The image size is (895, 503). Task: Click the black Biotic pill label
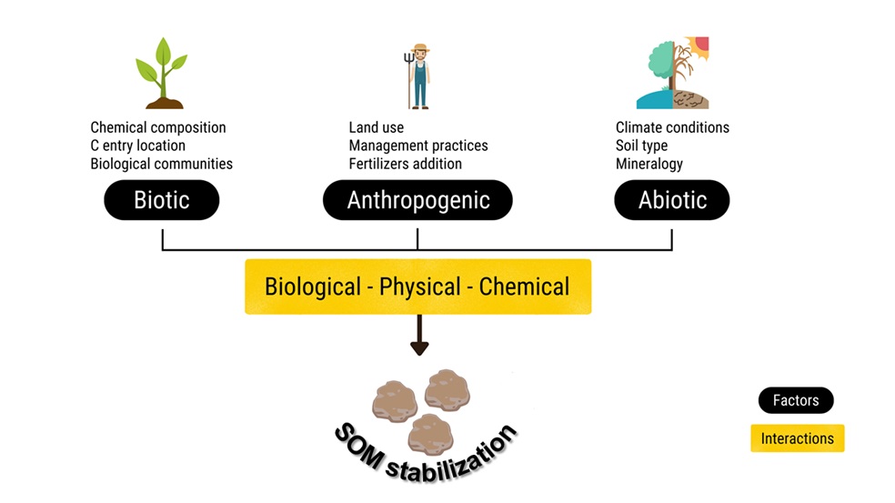pyautogui.click(x=161, y=200)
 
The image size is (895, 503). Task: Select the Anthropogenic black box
pyautogui.click(x=417, y=200)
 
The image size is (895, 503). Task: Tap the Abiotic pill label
pyautogui.click(x=671, y=200)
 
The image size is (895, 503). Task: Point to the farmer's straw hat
pyautogui.click(x=419, y=48)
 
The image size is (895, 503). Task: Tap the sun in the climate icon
pyautogui.click(x=701, y=45)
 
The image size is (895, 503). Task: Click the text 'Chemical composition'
pyautogui.click(x=158, y=127)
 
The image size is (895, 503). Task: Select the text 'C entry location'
pyautogui.click(x=137, y=146)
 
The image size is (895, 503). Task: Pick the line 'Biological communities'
pyautogui.click(x=161, y=164)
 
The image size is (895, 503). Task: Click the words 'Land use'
pyautogui.click(x=376, y=127)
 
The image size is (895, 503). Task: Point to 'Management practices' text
pyautogui.click(x=418, y=146)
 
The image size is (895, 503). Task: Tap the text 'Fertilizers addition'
pyautogui.click(x=405, y=164)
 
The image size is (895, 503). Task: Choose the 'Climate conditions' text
pyautogui.click(x=672, y=127)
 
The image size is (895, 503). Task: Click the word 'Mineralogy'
pyautogui.click(x=649, y=164)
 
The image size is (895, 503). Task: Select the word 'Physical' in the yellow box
pyautogui.click(x=419, y=287)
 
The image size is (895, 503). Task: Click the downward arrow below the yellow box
pyautogui.click(x=418, y=337)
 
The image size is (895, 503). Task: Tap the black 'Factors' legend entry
pyautogui.click(x=796, y=400)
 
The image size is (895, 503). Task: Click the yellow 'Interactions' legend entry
pyautogui.click(x=797, y=438)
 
